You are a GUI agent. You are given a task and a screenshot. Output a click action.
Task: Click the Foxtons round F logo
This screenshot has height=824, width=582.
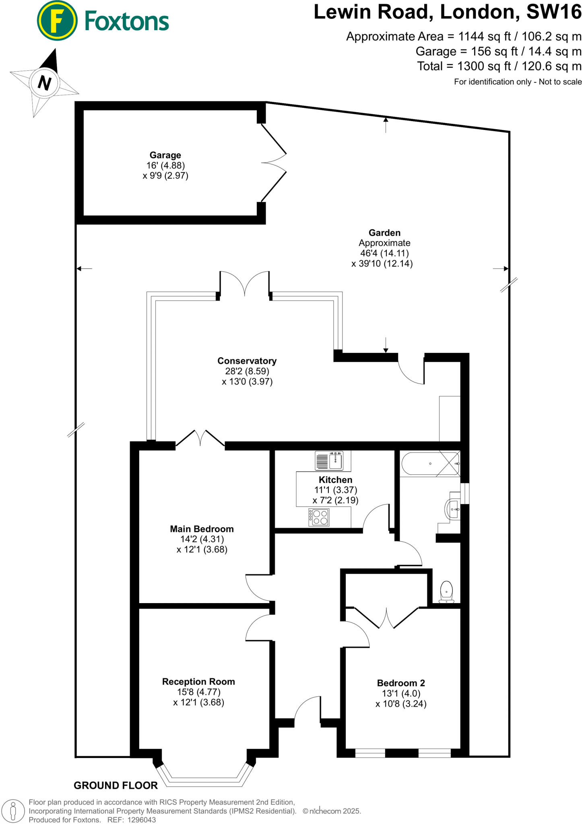click(57, 21)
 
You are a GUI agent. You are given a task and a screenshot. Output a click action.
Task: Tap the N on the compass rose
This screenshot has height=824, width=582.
click(44, 83)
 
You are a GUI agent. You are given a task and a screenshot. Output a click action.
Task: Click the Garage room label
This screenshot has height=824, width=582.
click(165, 155)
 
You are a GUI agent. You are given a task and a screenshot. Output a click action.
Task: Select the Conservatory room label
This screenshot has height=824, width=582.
click(247, 361)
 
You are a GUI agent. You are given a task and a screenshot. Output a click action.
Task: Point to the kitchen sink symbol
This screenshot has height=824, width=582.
click(330, 461)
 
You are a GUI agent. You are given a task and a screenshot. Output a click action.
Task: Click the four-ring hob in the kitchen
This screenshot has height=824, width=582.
click(319, 517)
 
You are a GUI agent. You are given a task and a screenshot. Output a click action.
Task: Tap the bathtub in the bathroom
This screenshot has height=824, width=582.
click(430, 464)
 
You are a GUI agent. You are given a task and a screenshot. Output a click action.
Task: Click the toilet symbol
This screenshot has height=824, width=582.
click(446, 592)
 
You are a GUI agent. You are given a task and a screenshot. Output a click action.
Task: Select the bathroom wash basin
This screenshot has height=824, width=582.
click(453, 509)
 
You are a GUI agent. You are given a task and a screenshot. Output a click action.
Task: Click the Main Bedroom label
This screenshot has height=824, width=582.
click(202, 529)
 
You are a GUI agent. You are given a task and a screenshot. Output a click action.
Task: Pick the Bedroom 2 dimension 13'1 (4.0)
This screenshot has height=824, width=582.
click(401, 694)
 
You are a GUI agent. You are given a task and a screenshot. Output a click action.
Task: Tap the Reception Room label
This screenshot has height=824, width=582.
click(198, 682)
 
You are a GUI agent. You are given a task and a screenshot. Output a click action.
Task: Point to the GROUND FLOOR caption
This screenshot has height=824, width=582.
click(116, 785)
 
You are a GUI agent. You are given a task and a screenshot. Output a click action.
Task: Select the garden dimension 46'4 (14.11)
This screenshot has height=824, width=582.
click(384, 253)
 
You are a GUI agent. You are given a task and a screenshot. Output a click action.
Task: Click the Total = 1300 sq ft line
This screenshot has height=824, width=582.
click(499, 66)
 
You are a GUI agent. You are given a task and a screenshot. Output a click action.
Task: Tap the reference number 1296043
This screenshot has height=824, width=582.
click(142, 820)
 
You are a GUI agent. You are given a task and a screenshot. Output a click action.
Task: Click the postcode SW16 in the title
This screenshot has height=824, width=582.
click(554, 12)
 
